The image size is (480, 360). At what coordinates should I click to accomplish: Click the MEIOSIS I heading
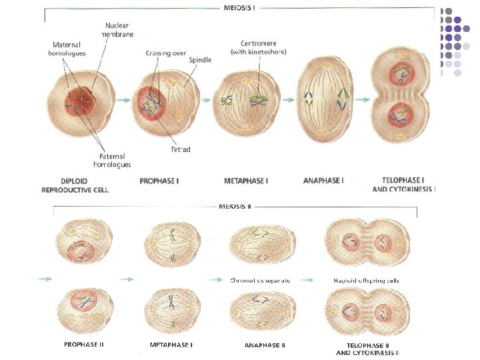[240, 9]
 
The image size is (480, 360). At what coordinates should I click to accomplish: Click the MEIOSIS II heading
[235, 206]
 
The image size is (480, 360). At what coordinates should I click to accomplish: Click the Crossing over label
[165, 53]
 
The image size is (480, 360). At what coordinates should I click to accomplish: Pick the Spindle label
[200, 60]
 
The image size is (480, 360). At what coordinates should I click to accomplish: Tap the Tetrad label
[179, 149]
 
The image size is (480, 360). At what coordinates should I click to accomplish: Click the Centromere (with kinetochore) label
[257, 47]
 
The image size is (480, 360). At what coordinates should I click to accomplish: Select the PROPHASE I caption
[161, 181]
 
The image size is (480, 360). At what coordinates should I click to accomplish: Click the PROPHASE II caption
[83, 345]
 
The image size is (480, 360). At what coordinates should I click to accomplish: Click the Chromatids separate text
[260, 281]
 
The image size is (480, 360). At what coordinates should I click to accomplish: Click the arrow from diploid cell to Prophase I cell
[121, 100]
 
